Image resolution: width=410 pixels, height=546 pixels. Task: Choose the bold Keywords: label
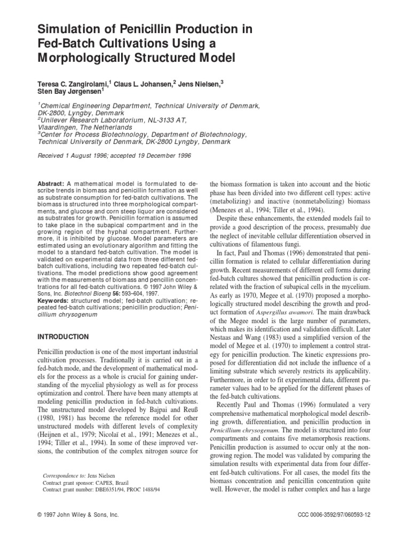(x=53, y=285)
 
